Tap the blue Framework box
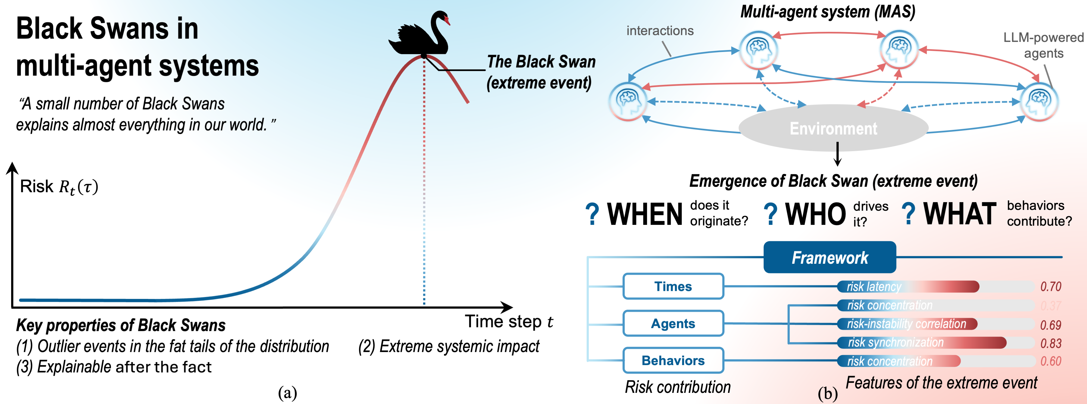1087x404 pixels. pyautogui.click(x=830, y=257)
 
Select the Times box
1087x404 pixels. pyautogui.click(x=673, y=286)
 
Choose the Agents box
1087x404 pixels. pyautogui.click(x=673, y=323)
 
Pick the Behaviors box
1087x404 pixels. pyautogui.click(x=673, y=361)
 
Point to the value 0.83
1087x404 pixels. pyautogui.click(x=1051, y=343)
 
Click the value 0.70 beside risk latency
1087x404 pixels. pyautogui.click(x=1051, y=287)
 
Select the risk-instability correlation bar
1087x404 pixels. pyautogui.click(x=907, y=324)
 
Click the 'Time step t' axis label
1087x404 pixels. pyautogui.click(x=508, y=322)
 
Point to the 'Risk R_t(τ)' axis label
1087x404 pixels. pyautogui.click(x=59, y=187)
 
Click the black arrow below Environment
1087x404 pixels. pyautogui.click(x=838, y=154)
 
